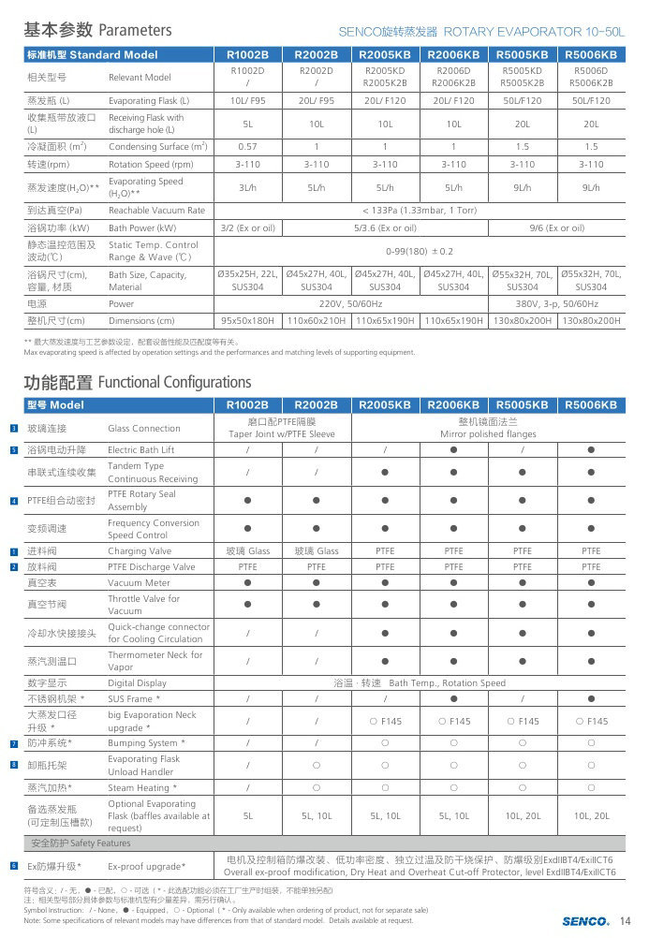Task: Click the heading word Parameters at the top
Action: [x=135, y=30]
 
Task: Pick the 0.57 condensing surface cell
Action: [x=247, y=147]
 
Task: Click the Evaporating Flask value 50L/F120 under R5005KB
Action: [x=523, y=100]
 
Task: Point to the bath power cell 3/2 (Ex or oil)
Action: [x=247, y=227]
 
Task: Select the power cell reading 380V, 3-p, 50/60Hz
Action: [x=557, y=304]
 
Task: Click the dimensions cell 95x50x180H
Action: [x=247, y=321]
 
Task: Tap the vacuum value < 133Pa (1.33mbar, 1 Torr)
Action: [x=420, y=211]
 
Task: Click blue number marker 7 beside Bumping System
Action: [x=14, y=743]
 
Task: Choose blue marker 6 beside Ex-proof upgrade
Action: [x=14, y=866]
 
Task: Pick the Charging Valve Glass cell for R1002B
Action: [x=247, y=551]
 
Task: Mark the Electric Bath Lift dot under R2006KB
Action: [x=453, y=450]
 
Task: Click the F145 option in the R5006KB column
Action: [x=591, y=721]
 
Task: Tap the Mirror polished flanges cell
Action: [x=488, y=434]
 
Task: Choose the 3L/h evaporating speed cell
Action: [x=247, y=187]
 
